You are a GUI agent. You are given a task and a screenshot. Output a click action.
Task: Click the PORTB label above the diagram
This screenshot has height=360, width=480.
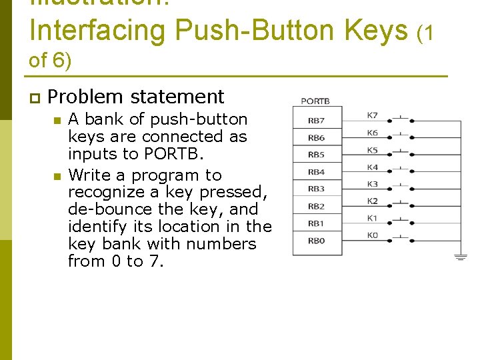(315, 102)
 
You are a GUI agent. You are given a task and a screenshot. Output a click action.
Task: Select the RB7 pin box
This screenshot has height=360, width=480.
(317, 121)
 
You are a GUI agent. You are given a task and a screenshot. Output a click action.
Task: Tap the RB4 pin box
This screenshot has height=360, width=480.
(317, 172)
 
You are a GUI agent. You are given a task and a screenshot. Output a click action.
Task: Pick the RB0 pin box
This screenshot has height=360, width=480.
(317, 241)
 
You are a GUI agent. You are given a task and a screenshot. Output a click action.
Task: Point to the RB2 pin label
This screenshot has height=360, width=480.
(317, 207)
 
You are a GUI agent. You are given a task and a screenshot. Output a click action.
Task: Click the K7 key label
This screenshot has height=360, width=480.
(372, 115)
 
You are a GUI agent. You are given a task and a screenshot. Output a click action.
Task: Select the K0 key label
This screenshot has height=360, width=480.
(372, 235)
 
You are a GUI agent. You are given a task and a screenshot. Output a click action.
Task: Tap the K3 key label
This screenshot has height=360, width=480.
(372, 184)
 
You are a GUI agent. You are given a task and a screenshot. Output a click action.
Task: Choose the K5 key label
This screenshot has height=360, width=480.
(372, 150)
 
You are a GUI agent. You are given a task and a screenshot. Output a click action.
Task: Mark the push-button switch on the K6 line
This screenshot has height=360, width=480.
(401, 136)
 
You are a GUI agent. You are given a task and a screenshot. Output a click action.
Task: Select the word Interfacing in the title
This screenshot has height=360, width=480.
(97, 30)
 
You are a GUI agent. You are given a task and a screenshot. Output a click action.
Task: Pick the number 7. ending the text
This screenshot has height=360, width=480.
(156, 261)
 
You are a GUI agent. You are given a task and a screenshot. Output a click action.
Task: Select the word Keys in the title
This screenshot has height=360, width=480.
(375, 30)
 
